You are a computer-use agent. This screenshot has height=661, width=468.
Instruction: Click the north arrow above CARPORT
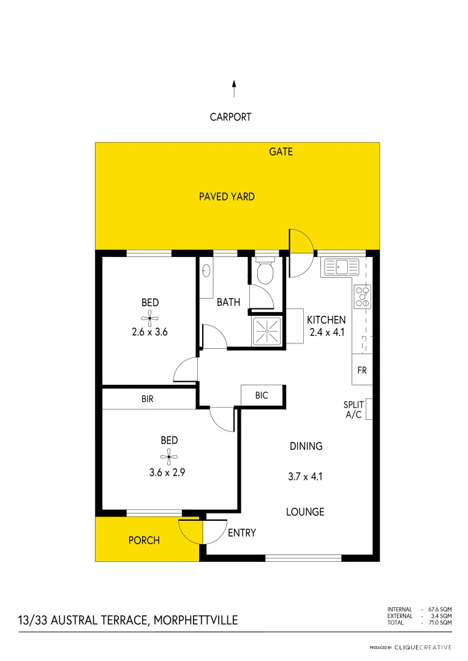pos(233,89)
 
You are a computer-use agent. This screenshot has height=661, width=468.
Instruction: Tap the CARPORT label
pos(230,117)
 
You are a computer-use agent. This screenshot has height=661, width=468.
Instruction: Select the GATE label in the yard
pos(281,151)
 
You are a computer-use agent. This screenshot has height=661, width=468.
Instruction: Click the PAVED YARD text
pos(227,196)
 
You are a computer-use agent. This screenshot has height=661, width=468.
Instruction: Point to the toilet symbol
pos(265,272)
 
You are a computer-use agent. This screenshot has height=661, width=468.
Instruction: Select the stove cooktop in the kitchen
pos(363,296)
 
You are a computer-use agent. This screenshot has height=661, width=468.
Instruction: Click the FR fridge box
pos(362,370)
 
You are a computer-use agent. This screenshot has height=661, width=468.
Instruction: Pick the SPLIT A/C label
pos(353,409)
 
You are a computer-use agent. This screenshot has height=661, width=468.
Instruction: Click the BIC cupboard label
pos(262,396)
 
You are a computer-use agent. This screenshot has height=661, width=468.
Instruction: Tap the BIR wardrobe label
pos(147,399)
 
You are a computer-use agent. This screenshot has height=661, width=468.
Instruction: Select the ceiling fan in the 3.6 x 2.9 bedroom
pos(169,455)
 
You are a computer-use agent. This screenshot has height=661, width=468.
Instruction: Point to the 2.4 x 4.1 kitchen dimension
pos(326,333)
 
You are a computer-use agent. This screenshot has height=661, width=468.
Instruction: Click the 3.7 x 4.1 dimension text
pos(306,475)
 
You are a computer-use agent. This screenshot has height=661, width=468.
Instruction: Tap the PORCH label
pos(144,540)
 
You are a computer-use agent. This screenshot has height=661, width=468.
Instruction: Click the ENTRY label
pos(241,533)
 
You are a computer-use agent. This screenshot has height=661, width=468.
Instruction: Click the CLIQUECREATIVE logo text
pos(423,647)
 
